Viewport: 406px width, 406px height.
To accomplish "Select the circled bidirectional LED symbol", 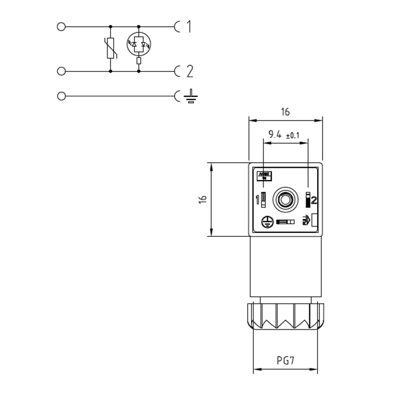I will [x=139, y=43].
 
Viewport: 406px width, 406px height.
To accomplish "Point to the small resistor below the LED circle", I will [x=139, y=61].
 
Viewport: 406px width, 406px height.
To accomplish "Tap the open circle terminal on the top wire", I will [x=61, y=27].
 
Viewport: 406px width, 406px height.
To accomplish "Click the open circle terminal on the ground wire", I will [x=61, y=96].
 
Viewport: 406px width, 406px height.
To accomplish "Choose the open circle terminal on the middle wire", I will [x=61, y=71].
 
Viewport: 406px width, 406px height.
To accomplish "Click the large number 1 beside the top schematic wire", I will [x=188, y=27].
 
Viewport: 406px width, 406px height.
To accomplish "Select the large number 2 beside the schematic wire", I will [x=189, y=71].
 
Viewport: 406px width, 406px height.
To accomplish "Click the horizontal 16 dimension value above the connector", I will [x=285, y=112].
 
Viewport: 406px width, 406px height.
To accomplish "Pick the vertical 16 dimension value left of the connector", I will [x=203, y=199].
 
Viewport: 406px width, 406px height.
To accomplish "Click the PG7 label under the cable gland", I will [x=285, y=360].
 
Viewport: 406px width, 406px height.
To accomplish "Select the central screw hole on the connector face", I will [x=285, y=199].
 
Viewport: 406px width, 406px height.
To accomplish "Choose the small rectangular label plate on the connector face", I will [x=264, y=176].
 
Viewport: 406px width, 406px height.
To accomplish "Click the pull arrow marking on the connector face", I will [x=306, y=221].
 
